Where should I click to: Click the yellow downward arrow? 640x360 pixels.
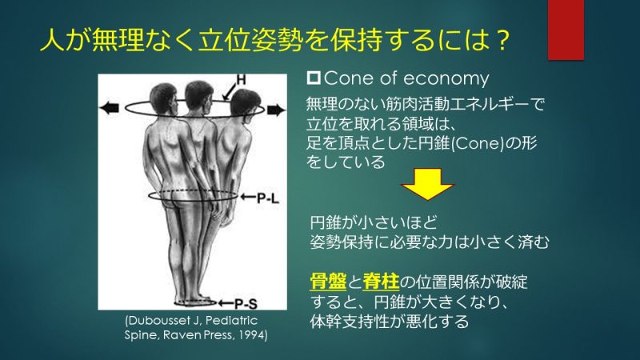[x=427, y=184]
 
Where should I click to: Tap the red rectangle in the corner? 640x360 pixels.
[x=566, y=30]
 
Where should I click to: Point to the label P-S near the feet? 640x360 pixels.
[x=246, y=304]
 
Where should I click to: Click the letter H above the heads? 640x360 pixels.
[x=242, y=79]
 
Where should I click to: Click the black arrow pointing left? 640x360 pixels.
[x=110, y=108]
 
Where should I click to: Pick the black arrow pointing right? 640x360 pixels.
[x=276, y=110]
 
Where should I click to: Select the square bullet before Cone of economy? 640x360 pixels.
[x=314, y=78]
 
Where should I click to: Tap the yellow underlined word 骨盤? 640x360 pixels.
[x=328, y=282]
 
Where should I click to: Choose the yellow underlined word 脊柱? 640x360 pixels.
[x=381, y=282]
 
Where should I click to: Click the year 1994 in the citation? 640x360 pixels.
[x=253, y=335]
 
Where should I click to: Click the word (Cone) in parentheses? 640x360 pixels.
[x=478, y=144]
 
